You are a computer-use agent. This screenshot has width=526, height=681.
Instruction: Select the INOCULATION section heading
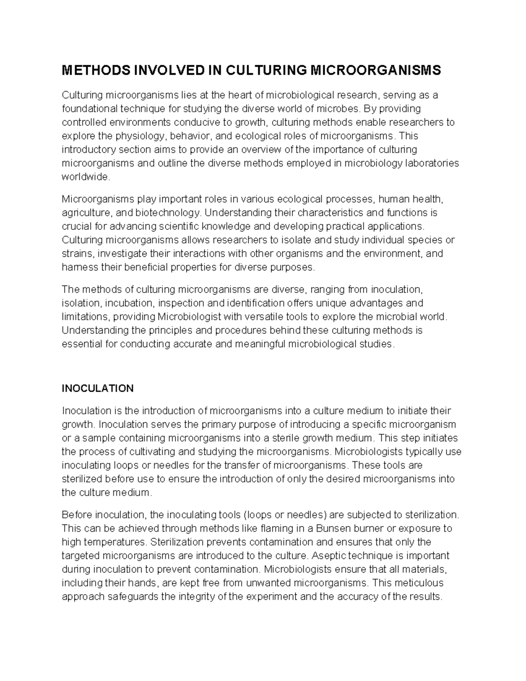tap(97, 389)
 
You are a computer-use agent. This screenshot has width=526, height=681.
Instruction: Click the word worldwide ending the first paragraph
tap(84, 177)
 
